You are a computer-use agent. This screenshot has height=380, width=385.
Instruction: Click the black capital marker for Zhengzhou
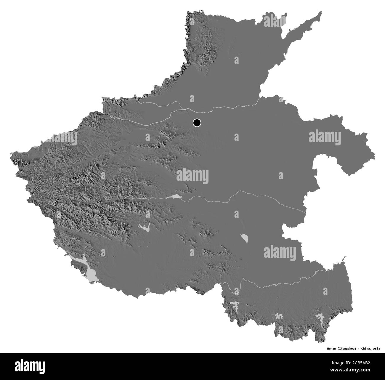[197, 122]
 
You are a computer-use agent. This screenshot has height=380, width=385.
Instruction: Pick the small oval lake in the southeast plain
[244, 238]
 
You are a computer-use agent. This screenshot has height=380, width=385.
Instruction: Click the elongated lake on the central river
[172, 197]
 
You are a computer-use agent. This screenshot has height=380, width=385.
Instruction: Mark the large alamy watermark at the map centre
[192, 176]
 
